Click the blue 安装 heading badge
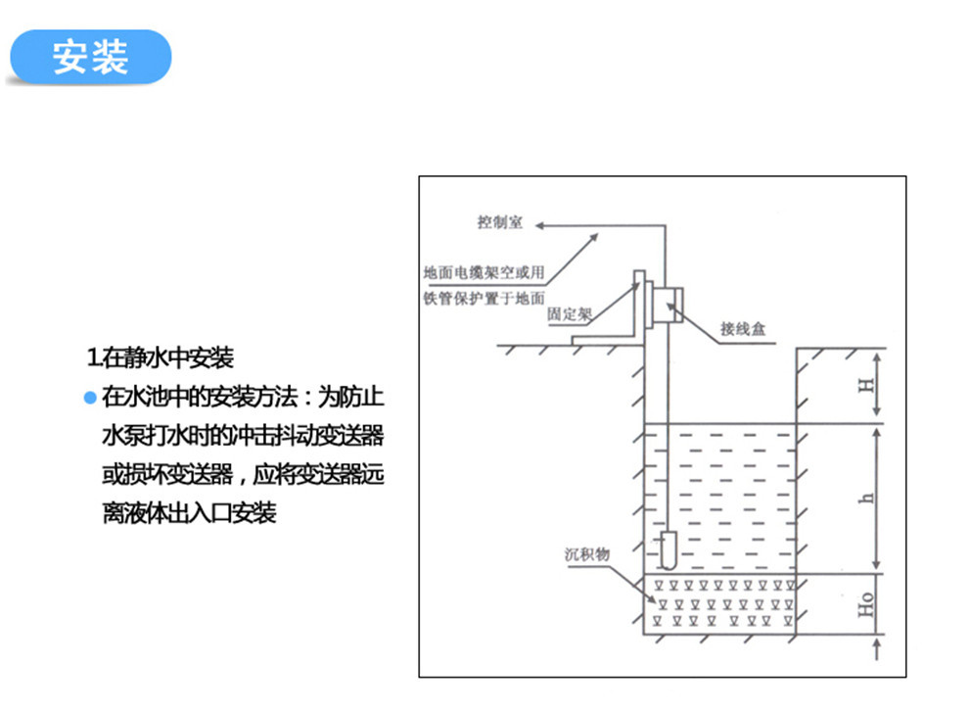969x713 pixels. (x=89, y=57)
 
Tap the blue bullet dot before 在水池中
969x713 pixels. (x=90, y=398)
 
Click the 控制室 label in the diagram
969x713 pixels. (x=500, y=223)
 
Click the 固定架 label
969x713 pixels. (x=570, y=315)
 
